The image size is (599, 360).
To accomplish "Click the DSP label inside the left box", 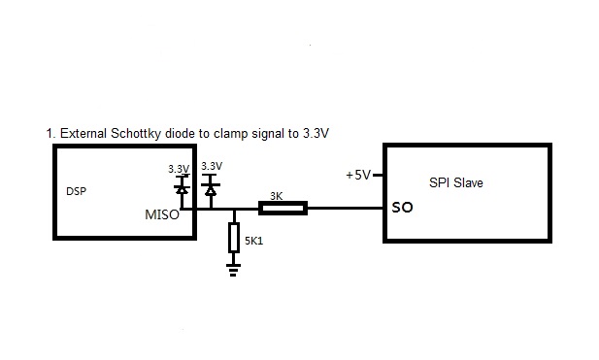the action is coord(76,191).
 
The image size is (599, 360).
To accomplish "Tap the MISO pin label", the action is coord(162,214).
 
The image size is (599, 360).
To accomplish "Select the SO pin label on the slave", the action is coord(402,208).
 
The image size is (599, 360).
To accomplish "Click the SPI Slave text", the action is coord(455,182).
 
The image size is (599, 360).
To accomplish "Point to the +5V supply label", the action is coord(358,175).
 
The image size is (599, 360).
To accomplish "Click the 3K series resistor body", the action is coord(283,208).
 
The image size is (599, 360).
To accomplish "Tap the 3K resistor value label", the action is coord(276,196).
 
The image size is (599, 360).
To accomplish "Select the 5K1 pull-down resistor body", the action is coord(234,238).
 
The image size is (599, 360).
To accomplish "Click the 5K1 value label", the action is coord(254,241).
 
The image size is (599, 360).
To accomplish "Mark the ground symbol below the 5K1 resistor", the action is coord(233,270).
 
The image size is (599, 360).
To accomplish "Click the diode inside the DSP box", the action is coord(182,189).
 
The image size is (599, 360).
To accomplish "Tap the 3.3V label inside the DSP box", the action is coord(179,169).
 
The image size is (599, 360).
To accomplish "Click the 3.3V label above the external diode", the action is coord(212,166).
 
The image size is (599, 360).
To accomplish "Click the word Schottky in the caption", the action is coord(136,134).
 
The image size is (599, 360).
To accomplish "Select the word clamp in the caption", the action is coord(230,134).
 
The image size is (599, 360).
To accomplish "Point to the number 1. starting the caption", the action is coord(50,134).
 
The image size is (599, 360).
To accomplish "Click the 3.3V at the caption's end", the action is coord(316,134).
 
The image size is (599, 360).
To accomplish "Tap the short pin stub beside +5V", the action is coord(378,175).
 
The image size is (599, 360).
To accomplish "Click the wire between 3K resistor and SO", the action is coord(346,208).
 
